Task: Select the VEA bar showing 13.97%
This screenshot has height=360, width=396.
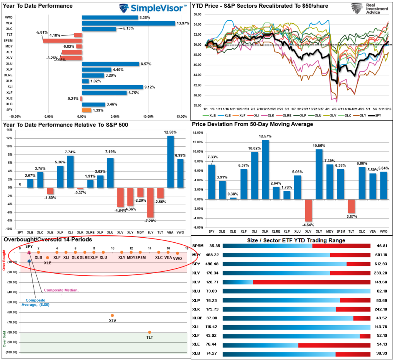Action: pyautogui.click(x=128, y=23)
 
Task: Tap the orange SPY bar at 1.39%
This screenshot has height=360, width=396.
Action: pyautogui.click(x=86, y=110)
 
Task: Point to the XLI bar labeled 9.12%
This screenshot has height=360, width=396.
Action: pyautogui.click(x=112, y=87)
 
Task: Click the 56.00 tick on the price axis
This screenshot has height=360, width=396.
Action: pyautogui.click(x=197, y=14)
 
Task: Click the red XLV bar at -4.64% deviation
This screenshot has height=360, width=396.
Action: pyautogui.click(x=308, y=210)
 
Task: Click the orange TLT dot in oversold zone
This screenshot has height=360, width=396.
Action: pyautogui.click(x=150, y=332)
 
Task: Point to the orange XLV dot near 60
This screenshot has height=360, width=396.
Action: pyautogui.click(x=113, y=315)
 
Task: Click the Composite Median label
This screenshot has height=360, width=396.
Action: pyautogui.click(x=61, y=290)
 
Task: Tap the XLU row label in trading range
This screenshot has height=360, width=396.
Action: pyautogui.click(x=197, y=291)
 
